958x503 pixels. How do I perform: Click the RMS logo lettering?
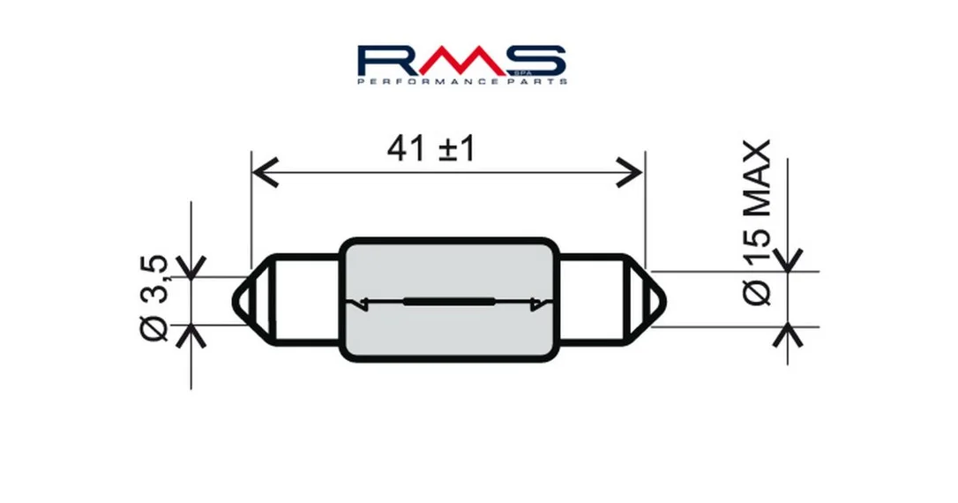(461, 60)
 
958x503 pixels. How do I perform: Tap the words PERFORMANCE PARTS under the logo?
(462, 81)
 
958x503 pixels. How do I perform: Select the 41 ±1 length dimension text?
(431, 148)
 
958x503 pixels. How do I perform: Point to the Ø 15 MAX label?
(758, 222)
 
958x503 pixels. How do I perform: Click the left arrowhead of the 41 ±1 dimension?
(266, 173)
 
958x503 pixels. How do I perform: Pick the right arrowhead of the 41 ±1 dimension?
(629, 173)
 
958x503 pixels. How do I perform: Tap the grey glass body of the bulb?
(449, 299)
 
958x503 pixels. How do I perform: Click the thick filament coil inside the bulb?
(449, 301)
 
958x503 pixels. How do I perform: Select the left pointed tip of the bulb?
(235, 301)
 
